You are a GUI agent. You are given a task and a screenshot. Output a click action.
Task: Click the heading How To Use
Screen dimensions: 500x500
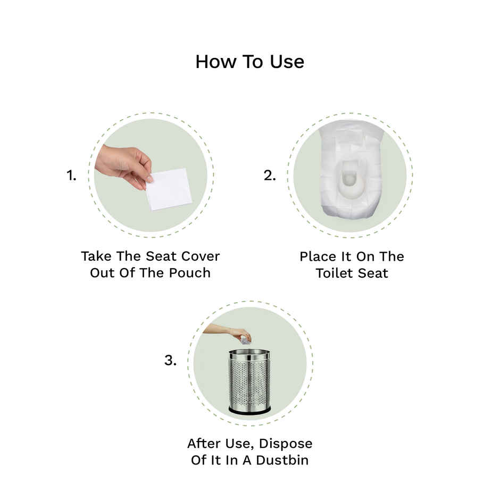pyautogui.click(x=249, y=62)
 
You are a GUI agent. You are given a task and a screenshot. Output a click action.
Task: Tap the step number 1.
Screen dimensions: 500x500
pyautogui.click(x=71, y=176)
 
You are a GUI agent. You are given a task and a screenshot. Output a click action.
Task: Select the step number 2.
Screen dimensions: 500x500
pyautogui.click(x=270, y=176)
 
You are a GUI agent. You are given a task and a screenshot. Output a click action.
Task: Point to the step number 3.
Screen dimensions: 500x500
pyautogui.click(x=170, y=361)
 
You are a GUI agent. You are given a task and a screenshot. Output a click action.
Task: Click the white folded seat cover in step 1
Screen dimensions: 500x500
pyautogui.click(x=169, y=189)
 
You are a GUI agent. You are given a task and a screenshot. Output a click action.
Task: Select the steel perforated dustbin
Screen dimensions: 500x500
pyautogui.click(x=249, y=380)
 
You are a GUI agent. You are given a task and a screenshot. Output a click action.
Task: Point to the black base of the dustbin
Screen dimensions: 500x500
pyautogui.click(x=249, y=410)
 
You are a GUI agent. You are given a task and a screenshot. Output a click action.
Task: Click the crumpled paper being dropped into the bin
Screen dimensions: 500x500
pyautogui.click(x=245, y=339)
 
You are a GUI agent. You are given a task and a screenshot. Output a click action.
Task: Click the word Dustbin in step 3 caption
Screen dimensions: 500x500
pyautogui.click(x=281, y=460)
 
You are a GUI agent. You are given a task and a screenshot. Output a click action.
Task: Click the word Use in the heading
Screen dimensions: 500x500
pyautogui.click(x=286, y=62)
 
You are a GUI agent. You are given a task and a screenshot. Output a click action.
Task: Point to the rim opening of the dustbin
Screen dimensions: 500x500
pyautogui.click(x=249, y=353)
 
